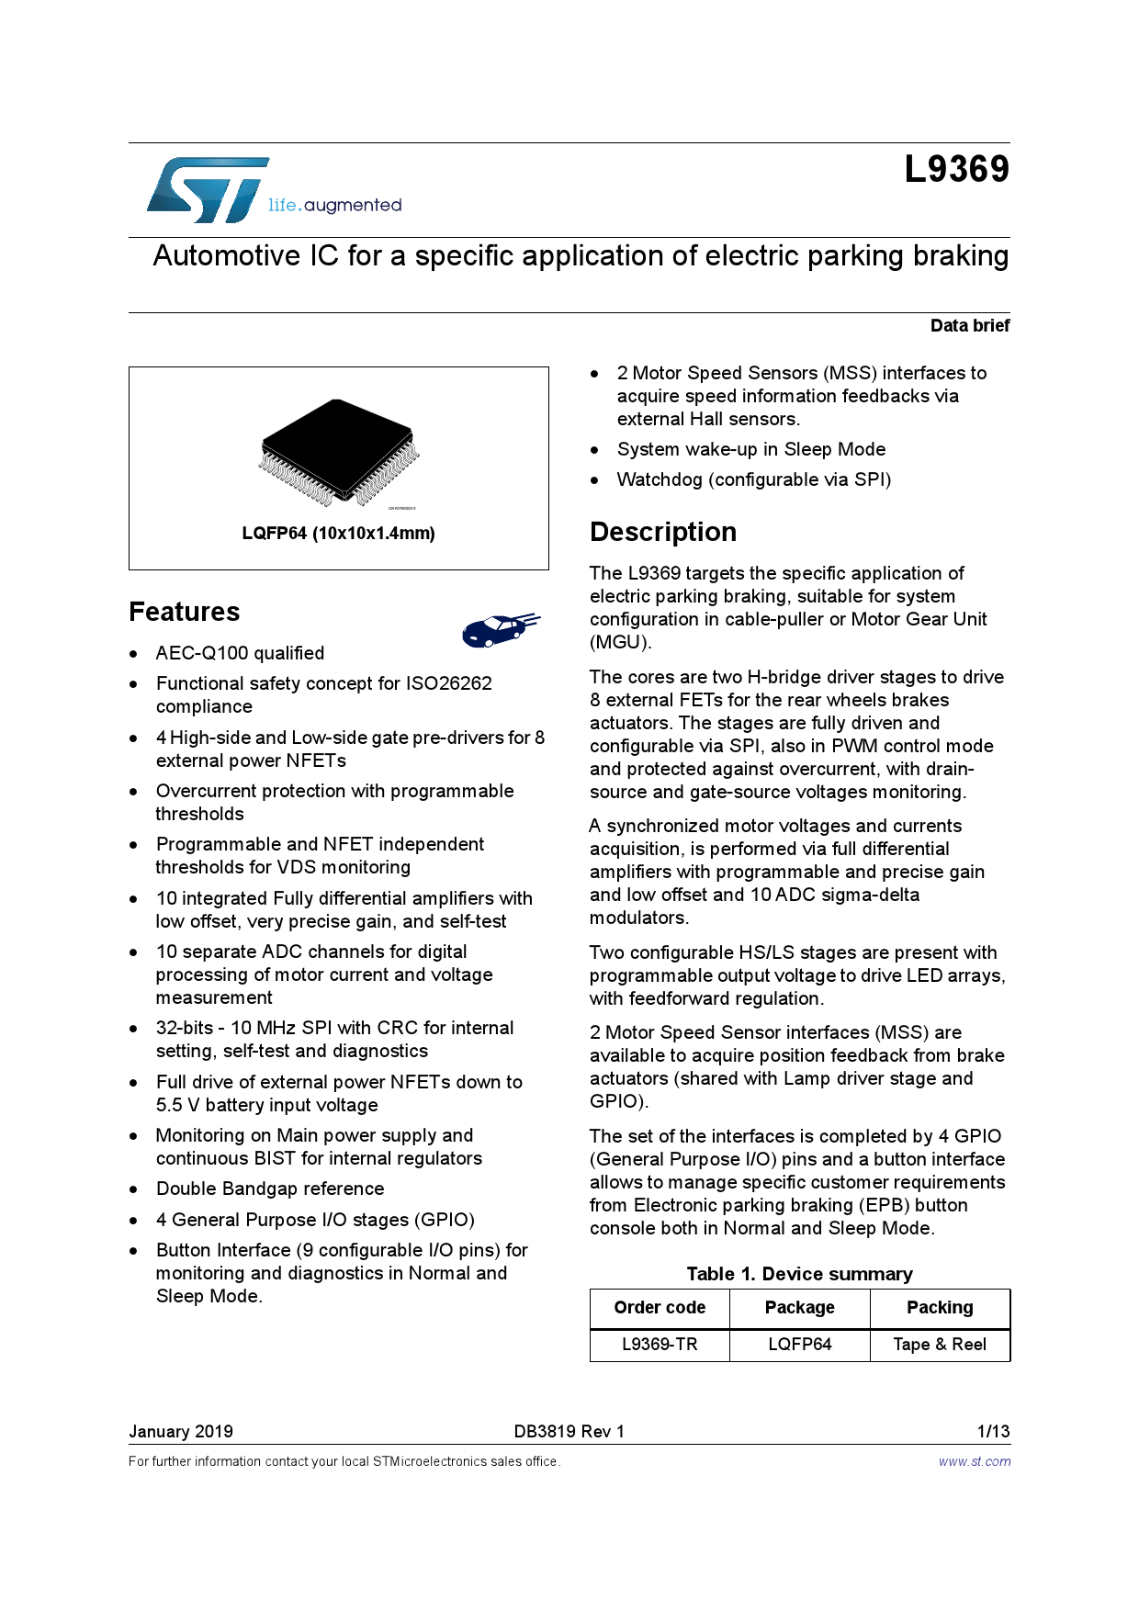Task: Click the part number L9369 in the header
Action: [x=956, y=169]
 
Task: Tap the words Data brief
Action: [x=969, y=325]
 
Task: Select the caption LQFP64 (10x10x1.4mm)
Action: [x=338, y=533]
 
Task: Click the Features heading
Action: [x=185, y=612]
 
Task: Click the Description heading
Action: [x=663, y=532]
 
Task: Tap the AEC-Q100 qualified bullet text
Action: [x=240, y=653]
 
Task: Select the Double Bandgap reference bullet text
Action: [x=270, y=1189]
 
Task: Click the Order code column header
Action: [x=660, y=1307]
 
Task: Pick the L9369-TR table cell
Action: [x=660, y=1344]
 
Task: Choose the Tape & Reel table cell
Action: [x=940, y=1344]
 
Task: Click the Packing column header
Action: [x=940, y=1307]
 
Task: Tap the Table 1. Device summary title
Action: [x=799, y=1274]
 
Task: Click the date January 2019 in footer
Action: [x=181, y=1431]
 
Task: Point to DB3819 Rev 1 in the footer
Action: [x=569, y=1431]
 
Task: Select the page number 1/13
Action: [x=993, y=1431]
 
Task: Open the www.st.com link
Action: [x=974, y=1461]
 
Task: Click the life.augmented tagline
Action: [x=334, y=205]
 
